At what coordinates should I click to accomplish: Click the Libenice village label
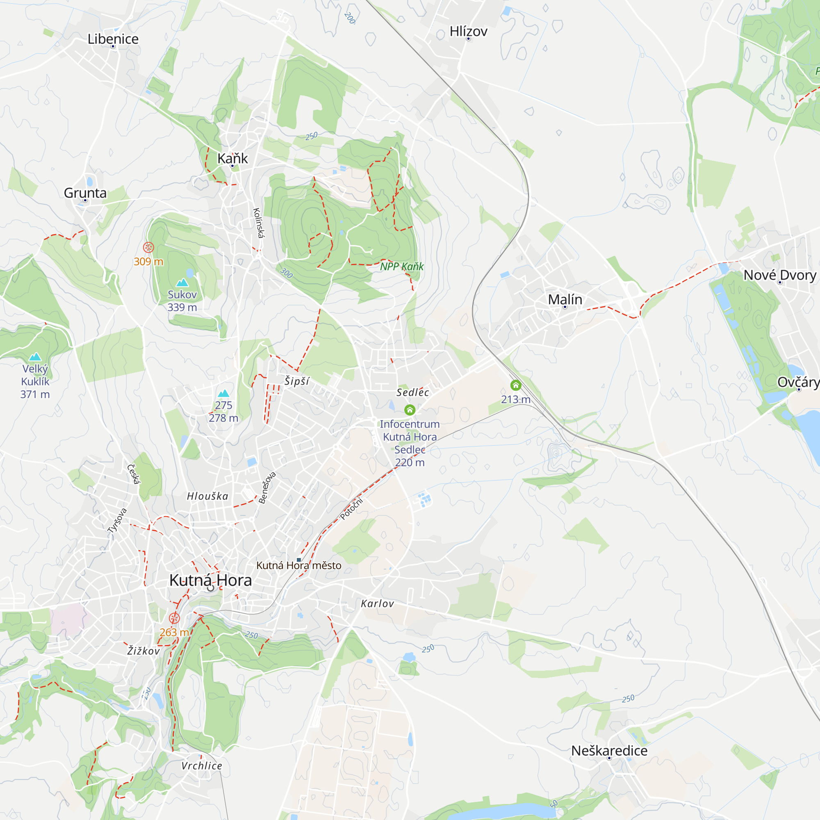(113, 39)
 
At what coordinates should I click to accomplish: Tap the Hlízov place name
(468, 32)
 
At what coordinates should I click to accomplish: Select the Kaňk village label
(232, 158)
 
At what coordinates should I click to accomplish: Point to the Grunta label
(85, 193)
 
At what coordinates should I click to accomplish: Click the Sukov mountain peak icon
(182, 282)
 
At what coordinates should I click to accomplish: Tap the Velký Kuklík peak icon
(35, 357)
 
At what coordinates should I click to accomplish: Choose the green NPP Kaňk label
(401, 266)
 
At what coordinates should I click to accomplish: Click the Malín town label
(565, 300)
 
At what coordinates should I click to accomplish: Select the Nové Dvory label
(779, 276)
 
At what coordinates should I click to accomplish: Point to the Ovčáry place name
(798, 383)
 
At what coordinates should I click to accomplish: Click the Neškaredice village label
(609, 751)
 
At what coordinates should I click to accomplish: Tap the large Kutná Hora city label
(210, 580)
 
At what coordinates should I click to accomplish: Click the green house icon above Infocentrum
(410, 410)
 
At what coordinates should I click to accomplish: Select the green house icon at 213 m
(516, 385)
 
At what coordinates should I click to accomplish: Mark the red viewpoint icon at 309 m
(148, 247)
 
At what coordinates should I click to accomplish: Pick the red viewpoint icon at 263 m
(174, 618)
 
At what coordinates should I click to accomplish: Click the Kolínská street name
(258, 223)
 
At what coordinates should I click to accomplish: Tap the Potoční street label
(352, 508)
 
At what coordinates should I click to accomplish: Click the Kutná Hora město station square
(299, 560)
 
